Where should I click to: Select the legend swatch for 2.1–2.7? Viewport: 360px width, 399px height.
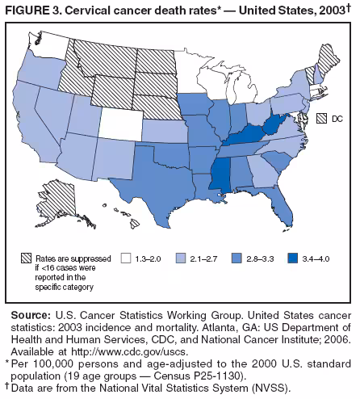(x=182, y=258)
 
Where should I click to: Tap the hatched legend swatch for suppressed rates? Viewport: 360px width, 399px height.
(x=28, y=258)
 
